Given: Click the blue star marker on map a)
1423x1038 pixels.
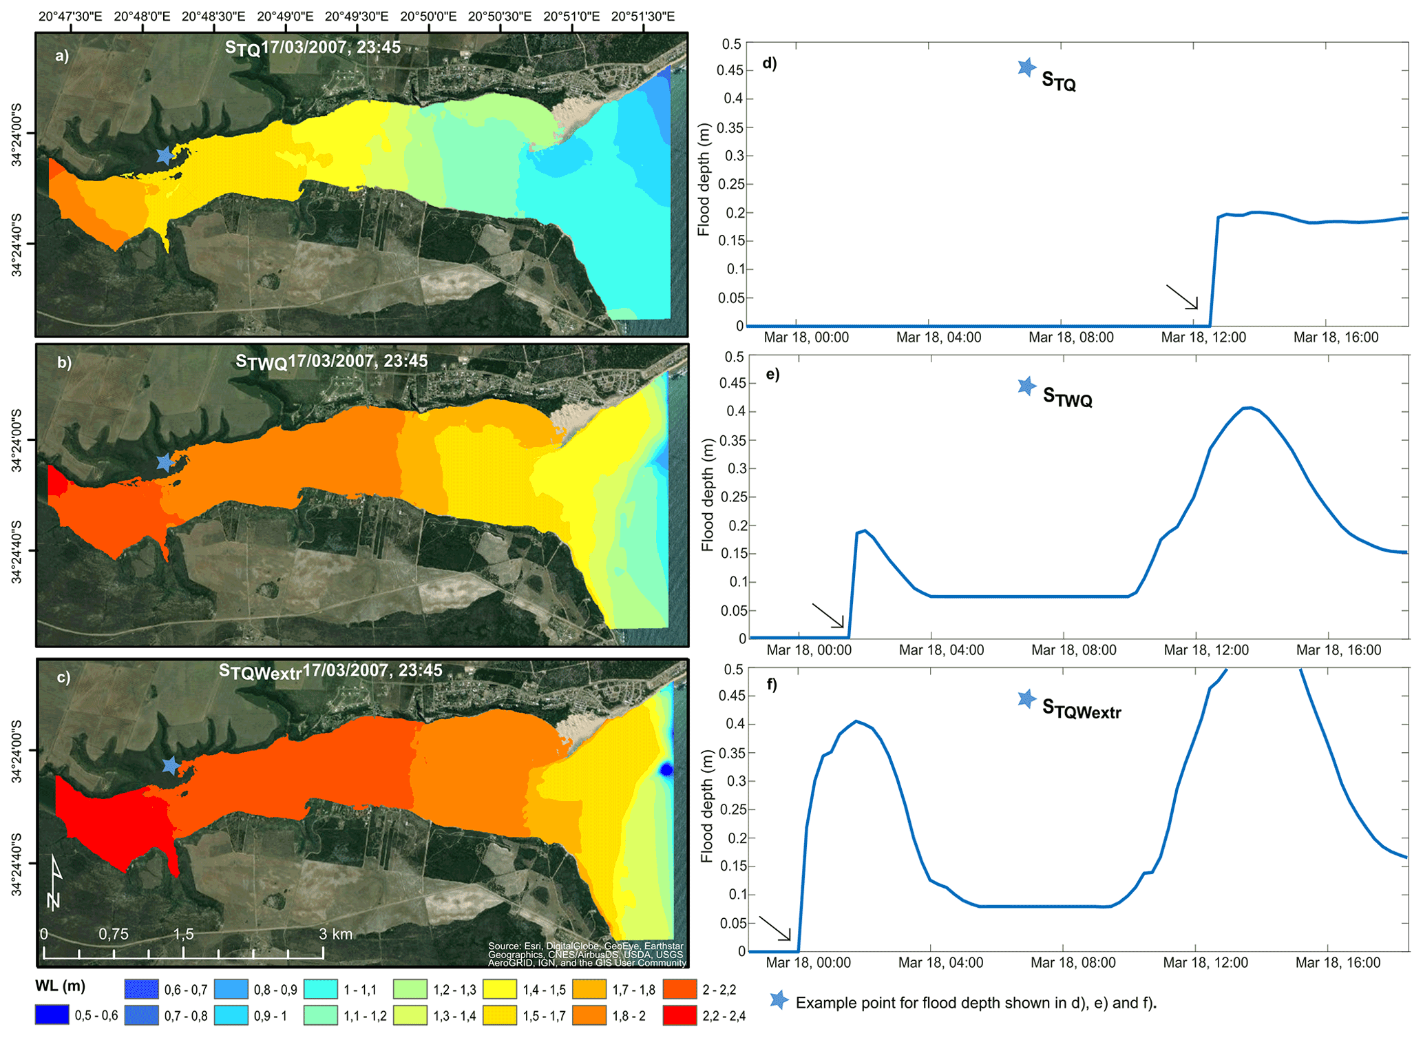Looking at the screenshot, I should (165, 156).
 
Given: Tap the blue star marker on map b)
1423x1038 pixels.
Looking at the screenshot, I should (165, 462).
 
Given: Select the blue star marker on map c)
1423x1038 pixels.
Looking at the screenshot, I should (171, 765).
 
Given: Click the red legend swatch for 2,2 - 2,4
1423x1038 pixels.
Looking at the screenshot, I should (679, 1015).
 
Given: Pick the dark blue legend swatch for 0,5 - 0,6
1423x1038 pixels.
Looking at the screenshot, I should (52, 1015).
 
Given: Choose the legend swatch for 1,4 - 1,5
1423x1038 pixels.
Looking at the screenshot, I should (500, 990).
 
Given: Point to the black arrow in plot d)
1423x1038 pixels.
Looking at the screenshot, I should (1182, 297).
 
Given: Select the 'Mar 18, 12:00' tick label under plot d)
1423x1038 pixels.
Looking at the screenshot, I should (1203, 338).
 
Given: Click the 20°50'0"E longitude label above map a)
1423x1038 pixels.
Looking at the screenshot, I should (428, 17).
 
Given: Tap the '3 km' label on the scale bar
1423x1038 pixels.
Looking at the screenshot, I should (335, 934).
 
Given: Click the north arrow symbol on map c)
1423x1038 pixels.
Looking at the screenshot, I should (55, 882).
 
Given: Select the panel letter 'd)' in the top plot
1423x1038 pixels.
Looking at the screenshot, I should (770, 63).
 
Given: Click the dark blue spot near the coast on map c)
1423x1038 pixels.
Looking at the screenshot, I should (666, 769).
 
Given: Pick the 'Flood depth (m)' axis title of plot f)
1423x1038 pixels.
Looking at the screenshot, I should (707, 807).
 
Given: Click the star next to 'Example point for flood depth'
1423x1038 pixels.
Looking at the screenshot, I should (779, 1000).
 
